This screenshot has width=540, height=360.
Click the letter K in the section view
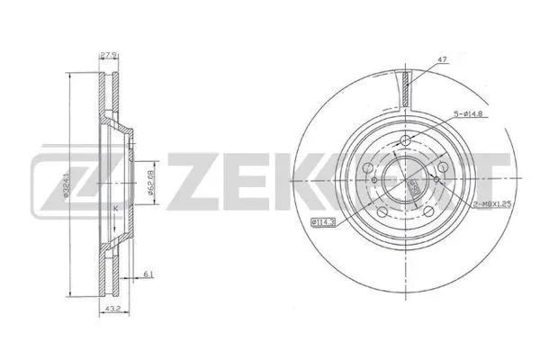114,210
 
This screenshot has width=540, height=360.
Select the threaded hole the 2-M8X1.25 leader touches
436,179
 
